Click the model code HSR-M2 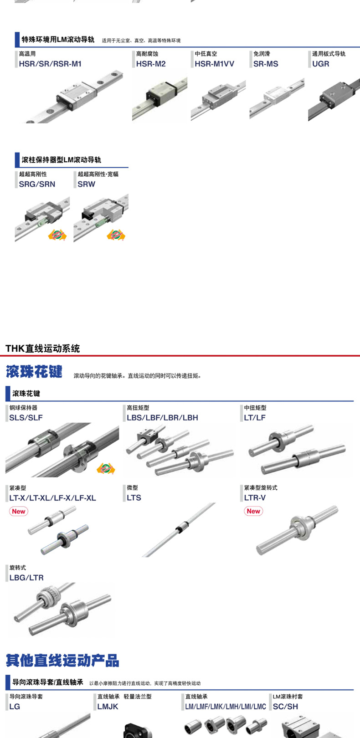(151, 64)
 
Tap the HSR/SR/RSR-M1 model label (50, 64)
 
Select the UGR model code (320, 64)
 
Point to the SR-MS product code (266, 64)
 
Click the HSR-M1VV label (214, 64)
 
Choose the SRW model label (86, 184)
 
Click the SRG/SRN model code (37, 184)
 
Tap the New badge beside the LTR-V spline (253, 511)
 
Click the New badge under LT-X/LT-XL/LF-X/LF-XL (19, 511)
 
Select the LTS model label (134, 497)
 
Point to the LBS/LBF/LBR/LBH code (162, 417)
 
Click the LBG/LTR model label (26, 578)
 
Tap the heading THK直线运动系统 (42, 348)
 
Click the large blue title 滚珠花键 (34, 372)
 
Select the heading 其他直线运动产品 (62, 660)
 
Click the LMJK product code (108, 707)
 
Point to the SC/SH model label (285, 707)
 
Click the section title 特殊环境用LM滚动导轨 (58, 40)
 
